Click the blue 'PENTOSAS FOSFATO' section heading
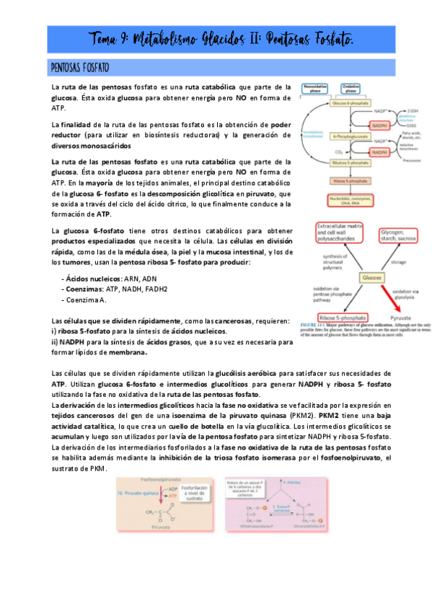pyautogui.click(x=80, y=68)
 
